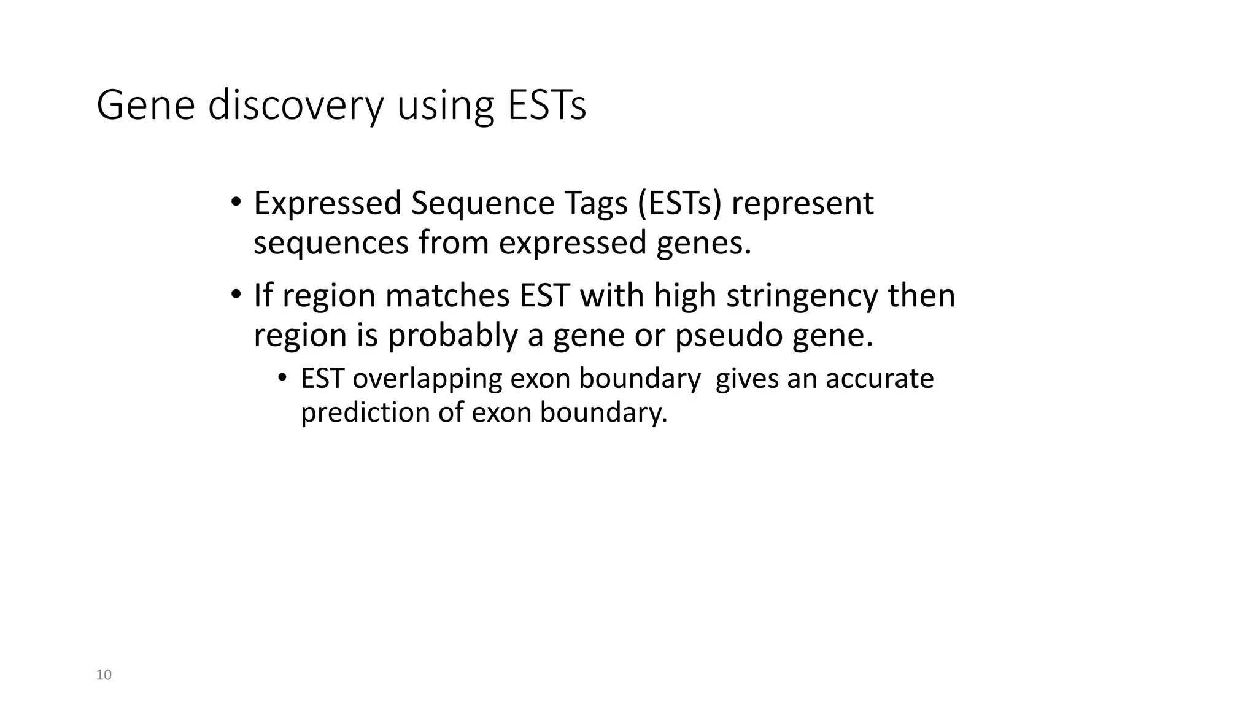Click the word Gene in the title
[145, 106]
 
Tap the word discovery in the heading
[296, 106]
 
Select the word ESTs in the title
[546, 106]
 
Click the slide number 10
[104, 675]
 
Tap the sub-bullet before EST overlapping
[282, 377]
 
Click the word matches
[447, 296]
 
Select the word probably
[452, 335]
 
